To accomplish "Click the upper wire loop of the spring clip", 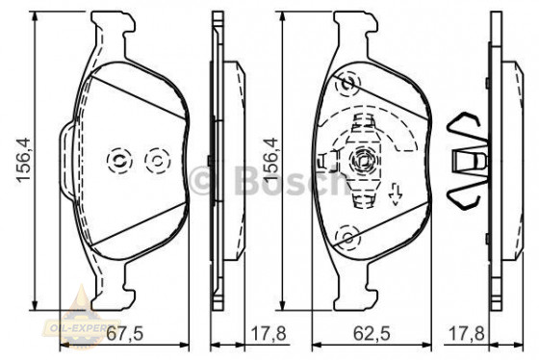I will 469,129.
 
